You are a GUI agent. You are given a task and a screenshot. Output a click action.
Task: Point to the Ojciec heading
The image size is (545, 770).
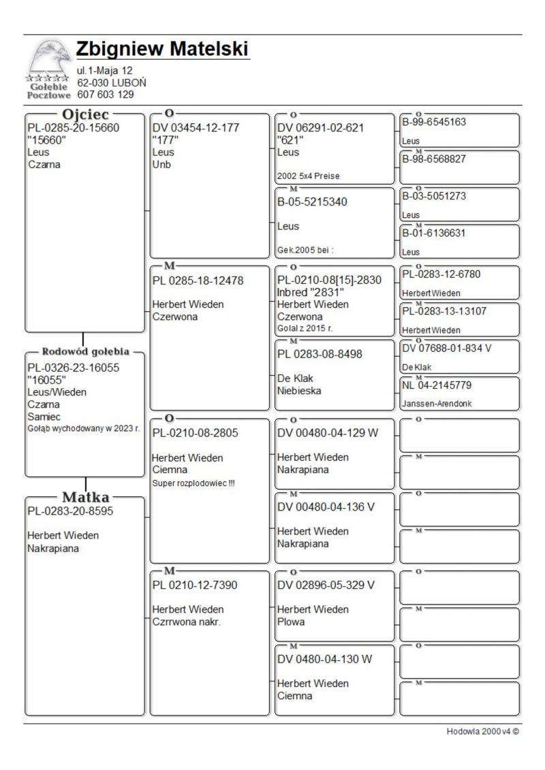[x=85, y=114]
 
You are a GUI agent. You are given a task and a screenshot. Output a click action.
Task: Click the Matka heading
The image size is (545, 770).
[x=86, y=497]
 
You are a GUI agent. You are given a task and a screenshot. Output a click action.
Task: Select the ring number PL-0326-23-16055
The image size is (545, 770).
[x=73, y=368]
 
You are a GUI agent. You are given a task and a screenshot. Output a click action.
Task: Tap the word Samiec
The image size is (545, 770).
[x=44, y=417]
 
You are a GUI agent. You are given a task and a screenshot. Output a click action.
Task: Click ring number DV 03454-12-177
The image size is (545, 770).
[x=196, y=127]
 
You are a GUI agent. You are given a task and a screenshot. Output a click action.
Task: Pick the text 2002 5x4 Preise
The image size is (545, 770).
[x=308, y=176]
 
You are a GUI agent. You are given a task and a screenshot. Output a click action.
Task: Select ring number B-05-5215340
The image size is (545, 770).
[x=319, y=202]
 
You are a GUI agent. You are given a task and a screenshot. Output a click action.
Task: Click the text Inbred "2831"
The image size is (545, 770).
[x=311, y=292]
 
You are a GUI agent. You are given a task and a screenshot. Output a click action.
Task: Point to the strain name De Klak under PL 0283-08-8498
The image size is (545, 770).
[x=296, y=379]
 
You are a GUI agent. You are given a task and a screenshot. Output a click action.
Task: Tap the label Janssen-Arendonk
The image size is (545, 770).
[x=436, y=404]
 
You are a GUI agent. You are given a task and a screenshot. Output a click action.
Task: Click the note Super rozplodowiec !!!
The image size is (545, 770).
[x=193, y=483]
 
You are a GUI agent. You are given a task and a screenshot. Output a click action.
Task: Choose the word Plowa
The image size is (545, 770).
[x=291, y=622]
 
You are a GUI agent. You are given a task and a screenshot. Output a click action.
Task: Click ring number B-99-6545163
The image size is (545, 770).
[x=434, y=123]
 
